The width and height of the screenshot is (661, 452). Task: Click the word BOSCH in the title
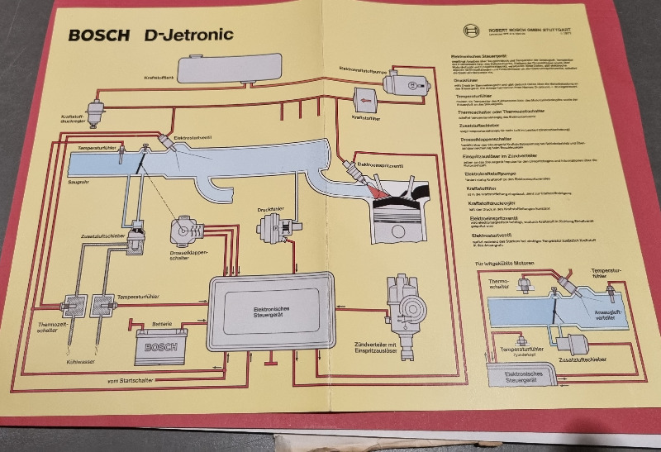click(99, 36)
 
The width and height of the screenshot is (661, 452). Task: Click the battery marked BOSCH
click(161, 345)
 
